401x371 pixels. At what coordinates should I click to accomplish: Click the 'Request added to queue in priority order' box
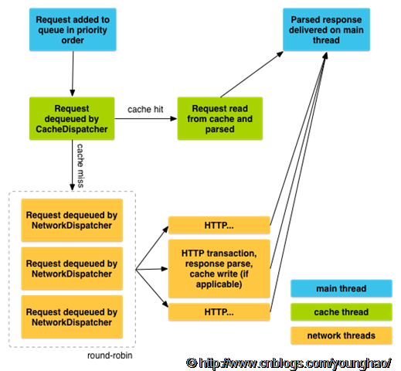(73, 29)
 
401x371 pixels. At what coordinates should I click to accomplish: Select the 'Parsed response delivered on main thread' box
(326, 29)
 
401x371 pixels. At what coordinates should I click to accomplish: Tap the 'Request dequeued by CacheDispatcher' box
(72, 118)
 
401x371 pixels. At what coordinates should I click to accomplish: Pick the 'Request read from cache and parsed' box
(220, 118)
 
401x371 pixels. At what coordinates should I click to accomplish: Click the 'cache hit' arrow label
(145, 109)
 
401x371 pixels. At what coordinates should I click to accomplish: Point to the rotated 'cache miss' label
(80, 165)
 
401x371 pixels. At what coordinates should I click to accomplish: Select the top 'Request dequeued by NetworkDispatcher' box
(72, 220)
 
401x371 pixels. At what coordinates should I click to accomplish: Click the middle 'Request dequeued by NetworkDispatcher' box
(72, 268)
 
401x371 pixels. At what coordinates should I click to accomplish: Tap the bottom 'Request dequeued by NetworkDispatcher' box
(72, 317)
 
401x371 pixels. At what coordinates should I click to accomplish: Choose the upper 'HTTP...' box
(219, 225)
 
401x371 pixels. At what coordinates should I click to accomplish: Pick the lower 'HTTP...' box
(219, 312)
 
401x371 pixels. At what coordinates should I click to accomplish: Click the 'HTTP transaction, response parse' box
(219, 268)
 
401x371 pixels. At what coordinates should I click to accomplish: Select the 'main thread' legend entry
(342, 288)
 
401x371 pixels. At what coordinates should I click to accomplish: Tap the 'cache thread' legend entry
(342, 312)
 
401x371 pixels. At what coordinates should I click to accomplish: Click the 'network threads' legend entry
(342, 335)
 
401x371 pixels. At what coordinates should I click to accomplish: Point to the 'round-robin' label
(110, 356)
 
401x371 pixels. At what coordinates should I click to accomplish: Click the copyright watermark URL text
(288, 363)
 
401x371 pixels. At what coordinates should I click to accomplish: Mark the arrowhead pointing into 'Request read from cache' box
(174, 118)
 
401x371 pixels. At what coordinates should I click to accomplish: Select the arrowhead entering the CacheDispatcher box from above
(73, 93)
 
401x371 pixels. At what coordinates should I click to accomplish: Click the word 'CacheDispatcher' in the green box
(72, 129)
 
